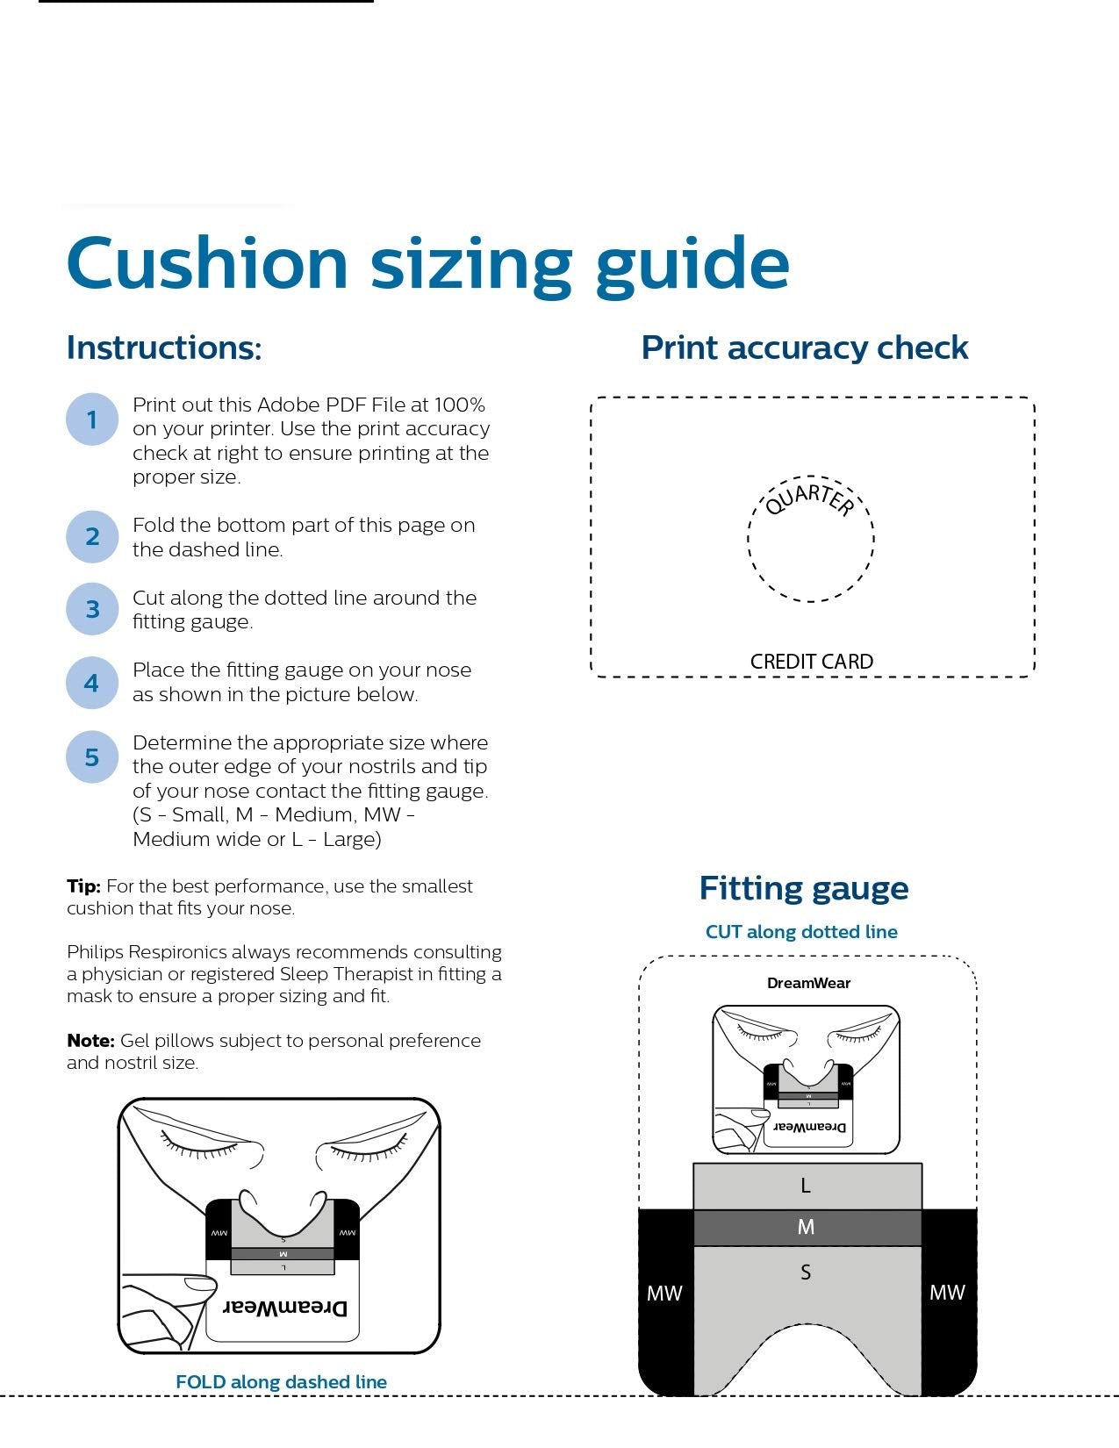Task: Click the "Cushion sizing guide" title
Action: click(428, 265)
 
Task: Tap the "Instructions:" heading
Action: click(164, 348)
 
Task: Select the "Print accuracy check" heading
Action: click(805, 348)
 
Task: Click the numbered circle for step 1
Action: click(92, 419)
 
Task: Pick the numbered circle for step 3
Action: click(92, 608)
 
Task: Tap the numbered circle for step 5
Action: click(92, 756)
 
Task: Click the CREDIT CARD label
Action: click(811, 662)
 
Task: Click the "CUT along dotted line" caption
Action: click(801, 932)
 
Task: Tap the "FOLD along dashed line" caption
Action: click(281, 1382)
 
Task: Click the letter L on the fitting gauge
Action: click(805, 1186)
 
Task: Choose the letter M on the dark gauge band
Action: click(806, 1227)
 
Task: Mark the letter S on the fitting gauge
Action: click(806, 1272)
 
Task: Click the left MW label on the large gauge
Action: click(664, 1294)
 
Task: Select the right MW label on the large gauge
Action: click(947, 1293)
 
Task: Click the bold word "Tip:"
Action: click(83, 886)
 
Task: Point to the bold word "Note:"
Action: click(90, 1040)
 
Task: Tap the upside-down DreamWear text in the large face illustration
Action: click(284, 1308)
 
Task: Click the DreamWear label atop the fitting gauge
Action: click(808, 983)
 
